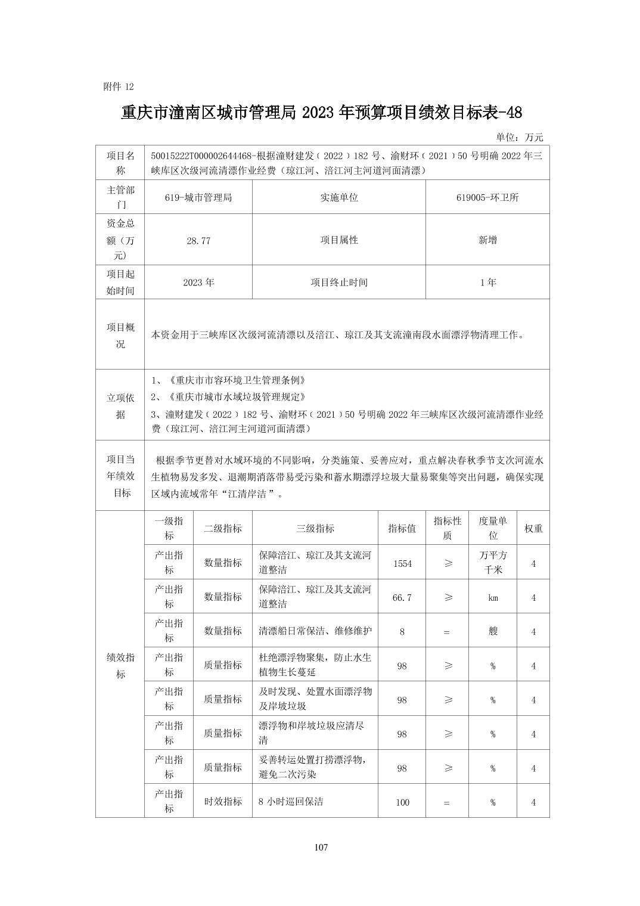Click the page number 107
(x=321, y=847)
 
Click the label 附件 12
(x=119, y=86)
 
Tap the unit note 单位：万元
(x=519, y=137)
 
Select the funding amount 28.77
(x=198, y=240)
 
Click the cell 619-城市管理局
(x=198, y=197)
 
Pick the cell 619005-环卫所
(x=487, y=197)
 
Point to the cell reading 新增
(x=487, y=240)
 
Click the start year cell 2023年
(x=198, y=283)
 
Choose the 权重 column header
(x=533, y=528)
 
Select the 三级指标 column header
(x=315, y=528)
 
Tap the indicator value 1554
(x=402, y=563)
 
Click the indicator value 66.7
(x=402, y=597)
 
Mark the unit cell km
(x=493, y=597)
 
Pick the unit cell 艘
(x=493, y=631)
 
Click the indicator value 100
(x=402, y=802)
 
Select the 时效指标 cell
(x=223, y=802)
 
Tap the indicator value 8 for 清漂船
(x=402, y=631)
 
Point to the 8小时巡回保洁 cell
(x=291, y=802)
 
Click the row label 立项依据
(x=120, y=406)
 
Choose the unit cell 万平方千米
(x=493, y=562)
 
